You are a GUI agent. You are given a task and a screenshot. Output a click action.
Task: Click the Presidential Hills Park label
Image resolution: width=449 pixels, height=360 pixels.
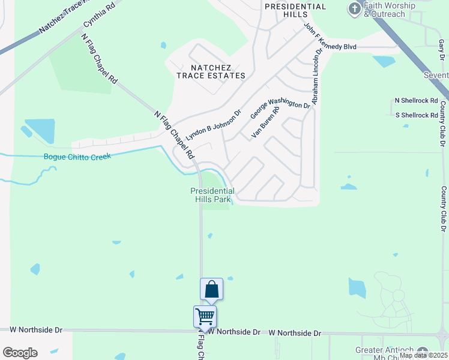pos(212,195)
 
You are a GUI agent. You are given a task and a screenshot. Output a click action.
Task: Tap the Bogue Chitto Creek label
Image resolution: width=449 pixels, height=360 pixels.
pos(77,157)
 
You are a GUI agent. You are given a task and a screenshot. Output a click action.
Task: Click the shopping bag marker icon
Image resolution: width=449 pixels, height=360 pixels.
pos(212,289)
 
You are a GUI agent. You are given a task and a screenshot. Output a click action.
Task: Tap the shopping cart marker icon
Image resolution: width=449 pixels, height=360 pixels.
pos(205,316)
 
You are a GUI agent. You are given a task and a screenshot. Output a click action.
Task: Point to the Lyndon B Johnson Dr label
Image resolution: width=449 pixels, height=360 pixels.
pos(212,125)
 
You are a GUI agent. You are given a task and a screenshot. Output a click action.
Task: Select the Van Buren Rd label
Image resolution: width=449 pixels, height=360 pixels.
pos(265,122)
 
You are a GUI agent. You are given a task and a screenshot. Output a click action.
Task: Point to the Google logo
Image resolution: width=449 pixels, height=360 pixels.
pos(20,353)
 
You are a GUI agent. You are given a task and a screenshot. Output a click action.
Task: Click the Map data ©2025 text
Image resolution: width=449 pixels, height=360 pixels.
pos(424,355)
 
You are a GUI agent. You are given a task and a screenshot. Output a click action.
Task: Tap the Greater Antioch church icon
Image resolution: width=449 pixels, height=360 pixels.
pos(423,352)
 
